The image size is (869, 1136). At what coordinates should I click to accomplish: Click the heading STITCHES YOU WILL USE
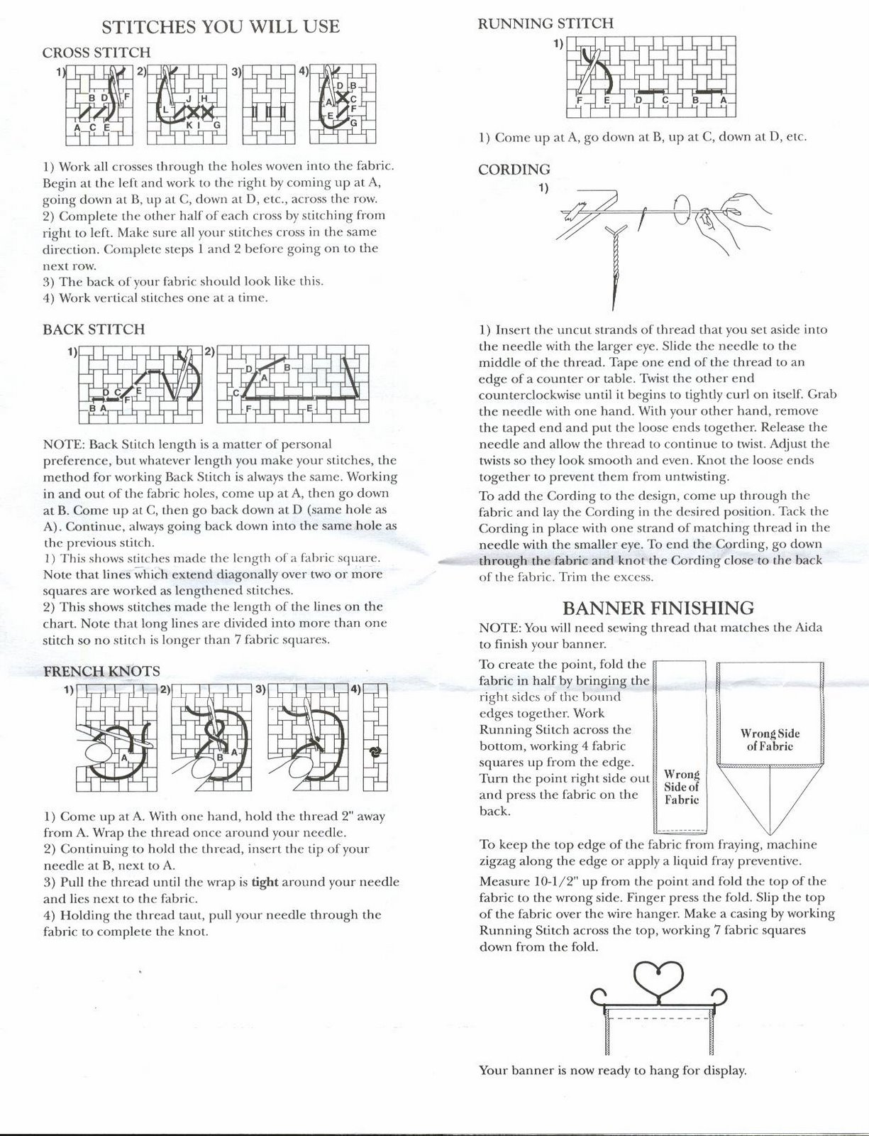pyautogui.click(x=221, y=27)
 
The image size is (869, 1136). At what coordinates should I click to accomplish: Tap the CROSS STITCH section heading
pyautogui.click(x=96, y=53)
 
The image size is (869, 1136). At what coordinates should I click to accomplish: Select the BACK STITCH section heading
pyautogui.click(x=94, y=329)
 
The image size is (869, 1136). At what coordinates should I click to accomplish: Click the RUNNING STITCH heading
pyautogui.click(x=546, y=23)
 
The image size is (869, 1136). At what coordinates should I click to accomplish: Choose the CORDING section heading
pyautogui.click(x=514, y=170)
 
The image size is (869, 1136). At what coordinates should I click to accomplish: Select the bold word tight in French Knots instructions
pyautogui.click(x=265, y=883)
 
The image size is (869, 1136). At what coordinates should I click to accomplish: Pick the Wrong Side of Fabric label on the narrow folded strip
pyautogui.click(x=681, y=787)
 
